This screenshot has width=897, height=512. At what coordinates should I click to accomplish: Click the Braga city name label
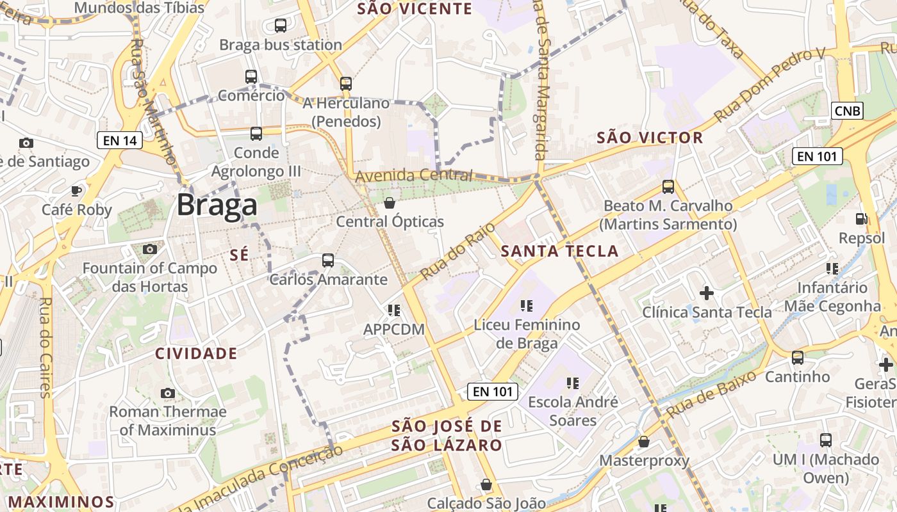click(217, 205)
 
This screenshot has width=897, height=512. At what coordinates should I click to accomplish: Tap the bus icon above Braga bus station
click(281, 26)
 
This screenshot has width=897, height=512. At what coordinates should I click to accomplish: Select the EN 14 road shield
click(120, 140)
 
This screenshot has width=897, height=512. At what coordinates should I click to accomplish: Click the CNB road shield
click(848, 111)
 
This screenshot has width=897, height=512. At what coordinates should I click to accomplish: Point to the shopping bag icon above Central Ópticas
click(389, 204)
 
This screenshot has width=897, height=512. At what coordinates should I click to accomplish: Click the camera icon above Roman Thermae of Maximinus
click(168, 393)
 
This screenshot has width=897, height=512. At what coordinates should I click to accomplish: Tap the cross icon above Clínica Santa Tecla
click(707, 293)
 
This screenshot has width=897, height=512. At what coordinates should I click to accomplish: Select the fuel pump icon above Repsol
click(861, 219)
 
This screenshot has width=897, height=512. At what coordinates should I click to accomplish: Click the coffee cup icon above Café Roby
click(76, 191)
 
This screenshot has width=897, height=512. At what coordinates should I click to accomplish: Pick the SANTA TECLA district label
click(559, 251)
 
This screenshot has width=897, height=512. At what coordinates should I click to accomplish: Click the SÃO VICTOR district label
click(650, 138)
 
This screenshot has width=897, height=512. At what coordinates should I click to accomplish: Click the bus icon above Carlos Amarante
click(328, 260)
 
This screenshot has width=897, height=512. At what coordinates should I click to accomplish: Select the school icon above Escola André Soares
click(572, 383)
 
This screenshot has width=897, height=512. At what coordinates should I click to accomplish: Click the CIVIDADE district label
click(196, 353)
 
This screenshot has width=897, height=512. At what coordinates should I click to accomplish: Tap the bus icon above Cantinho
click(798, 358)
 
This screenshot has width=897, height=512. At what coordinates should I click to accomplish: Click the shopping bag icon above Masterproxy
click(644, 442)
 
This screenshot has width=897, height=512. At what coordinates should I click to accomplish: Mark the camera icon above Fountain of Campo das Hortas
click(150, 249)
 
